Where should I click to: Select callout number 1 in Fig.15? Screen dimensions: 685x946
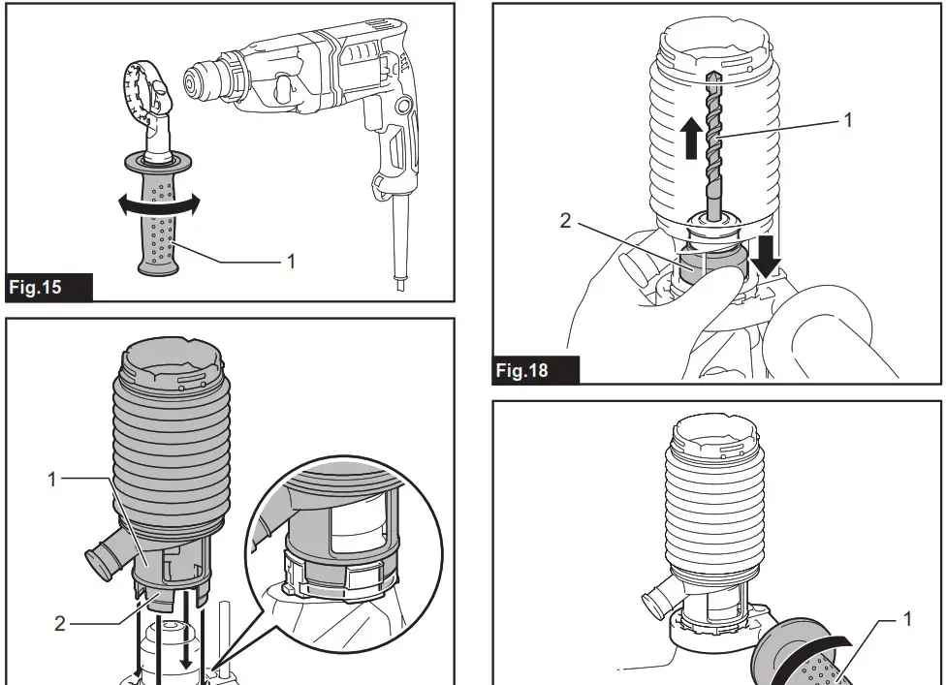pos(292,261)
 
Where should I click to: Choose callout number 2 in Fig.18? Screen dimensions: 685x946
pos(565,220)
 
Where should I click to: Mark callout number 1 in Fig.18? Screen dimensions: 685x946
pos(848,119)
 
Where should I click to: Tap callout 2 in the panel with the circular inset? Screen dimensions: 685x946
pos(59,622)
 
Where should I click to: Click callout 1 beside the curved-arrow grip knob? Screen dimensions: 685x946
pos(908,617)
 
